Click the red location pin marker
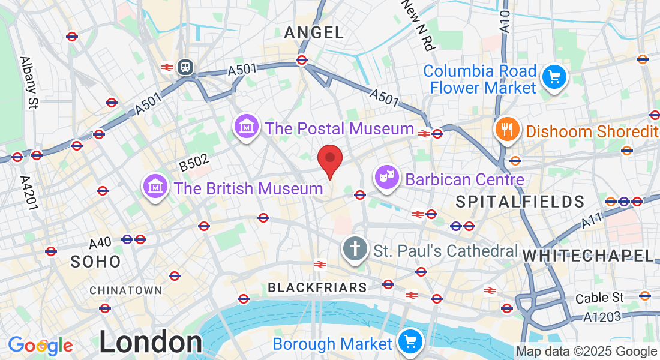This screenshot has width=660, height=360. pos(329,158)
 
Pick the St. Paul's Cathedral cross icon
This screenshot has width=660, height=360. pos(355,248)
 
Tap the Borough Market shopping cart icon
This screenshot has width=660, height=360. pos(411,342)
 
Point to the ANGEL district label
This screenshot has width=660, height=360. pos(314,32)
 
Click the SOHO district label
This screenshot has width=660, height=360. pos(95,262)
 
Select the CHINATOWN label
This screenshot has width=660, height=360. pos(125,290)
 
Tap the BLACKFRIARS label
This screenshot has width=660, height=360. pos(317,288)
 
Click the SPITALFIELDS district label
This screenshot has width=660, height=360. pos(520,202)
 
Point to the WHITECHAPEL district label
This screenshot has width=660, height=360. pos(588,256)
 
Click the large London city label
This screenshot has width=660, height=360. pos(150,343)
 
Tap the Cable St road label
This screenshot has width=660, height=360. pos(599,298)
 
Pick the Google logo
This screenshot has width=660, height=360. pos(40,346)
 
